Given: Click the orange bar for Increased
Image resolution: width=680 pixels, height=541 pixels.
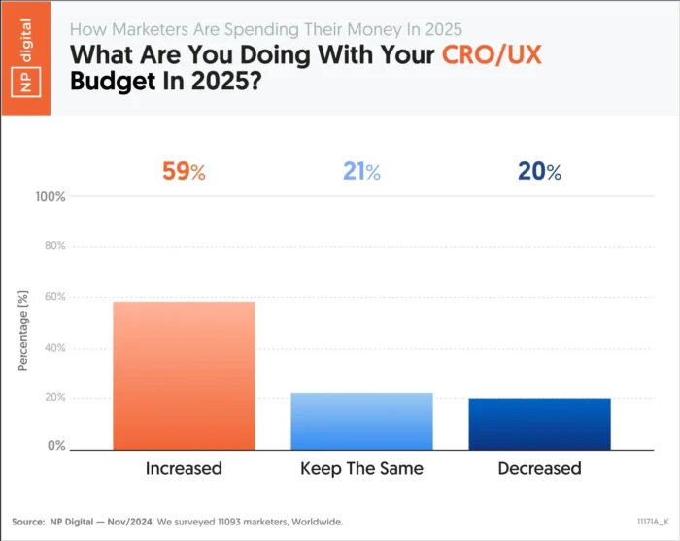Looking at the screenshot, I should (184, 376).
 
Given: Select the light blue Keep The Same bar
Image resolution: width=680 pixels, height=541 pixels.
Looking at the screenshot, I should (361, 422).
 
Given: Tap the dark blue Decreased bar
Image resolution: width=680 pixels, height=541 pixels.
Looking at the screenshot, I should (540, 424).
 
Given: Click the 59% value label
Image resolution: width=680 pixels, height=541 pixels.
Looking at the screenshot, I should (184, 173).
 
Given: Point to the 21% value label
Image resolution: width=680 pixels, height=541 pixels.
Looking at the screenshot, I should (361, 173).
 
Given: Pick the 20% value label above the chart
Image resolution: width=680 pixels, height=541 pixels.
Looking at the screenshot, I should (540, 173).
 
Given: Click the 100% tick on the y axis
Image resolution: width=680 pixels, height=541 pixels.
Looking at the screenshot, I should (50, 197).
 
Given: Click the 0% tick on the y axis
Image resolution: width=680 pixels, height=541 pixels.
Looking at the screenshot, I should (55, 447).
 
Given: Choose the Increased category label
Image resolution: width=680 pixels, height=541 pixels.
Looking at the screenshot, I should (184, 469).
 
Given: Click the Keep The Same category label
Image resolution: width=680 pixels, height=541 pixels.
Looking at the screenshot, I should (361, 469).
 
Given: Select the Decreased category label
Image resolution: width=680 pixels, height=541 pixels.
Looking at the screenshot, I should (540, 469).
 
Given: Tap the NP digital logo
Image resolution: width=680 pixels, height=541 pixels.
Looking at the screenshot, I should (25, 57).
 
